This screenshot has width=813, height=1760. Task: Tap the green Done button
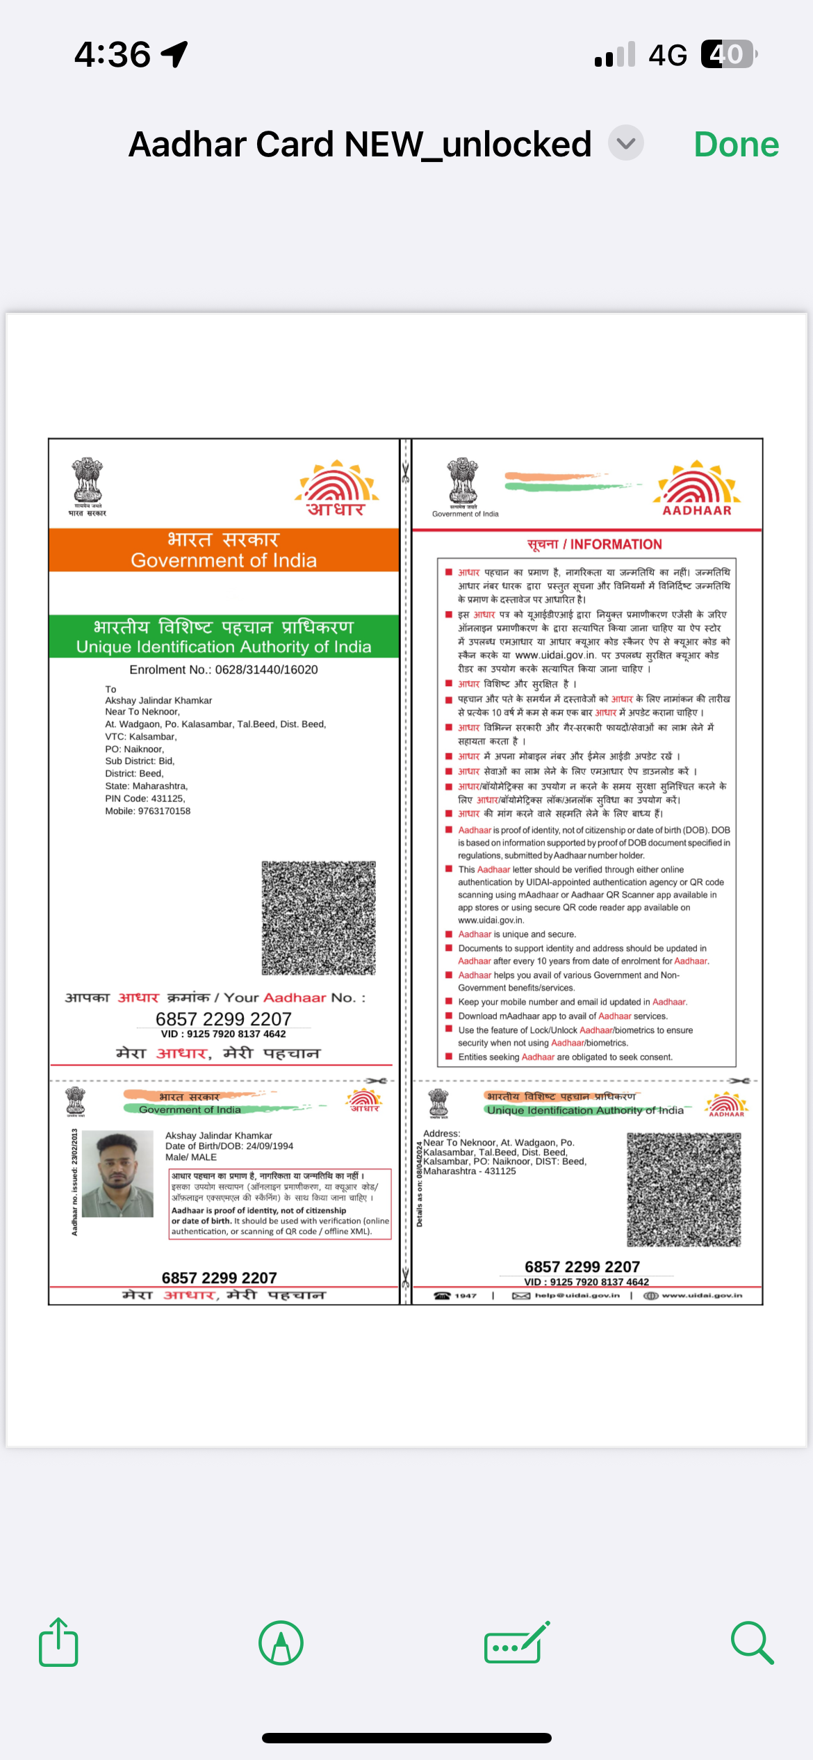(x=736, y=145)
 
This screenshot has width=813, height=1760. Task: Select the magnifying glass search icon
(x=752, y=1643)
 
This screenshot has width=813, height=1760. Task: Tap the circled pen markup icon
(x=281, y=1643)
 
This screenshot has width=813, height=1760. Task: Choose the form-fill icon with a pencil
(x=516, y=1643)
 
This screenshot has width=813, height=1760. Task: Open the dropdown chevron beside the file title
(x=625, y=143)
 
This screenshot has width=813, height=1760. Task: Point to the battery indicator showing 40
(x=728, y=54)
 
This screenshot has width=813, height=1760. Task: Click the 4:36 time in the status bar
(x=113, y=54)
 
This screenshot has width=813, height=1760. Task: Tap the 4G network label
(x=667, y=55)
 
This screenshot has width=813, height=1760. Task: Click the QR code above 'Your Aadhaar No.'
(x=318, y=918)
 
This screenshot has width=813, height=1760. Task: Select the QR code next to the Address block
(x=684, y=1189)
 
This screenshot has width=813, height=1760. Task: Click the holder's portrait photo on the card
(x=117, y=1173)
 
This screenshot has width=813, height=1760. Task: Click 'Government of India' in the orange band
(x=224, y=560)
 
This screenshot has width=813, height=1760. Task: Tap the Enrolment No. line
(x=224, y=669)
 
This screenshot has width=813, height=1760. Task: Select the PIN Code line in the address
(x=145, y=799)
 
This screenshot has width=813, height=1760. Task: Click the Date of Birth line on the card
(x=229, y=1146)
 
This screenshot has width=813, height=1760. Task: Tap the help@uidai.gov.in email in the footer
(x=577, y=1296)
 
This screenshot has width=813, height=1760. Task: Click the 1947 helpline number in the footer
(x=465, y=1296)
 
